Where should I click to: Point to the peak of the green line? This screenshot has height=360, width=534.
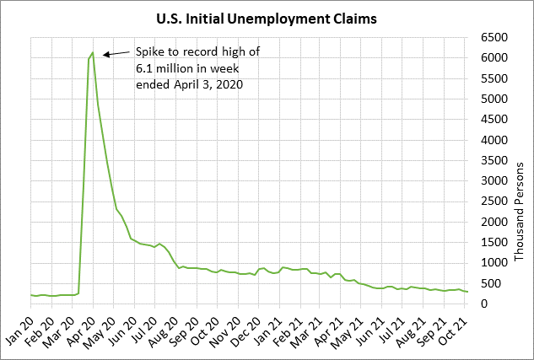(x=93, y=52)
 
